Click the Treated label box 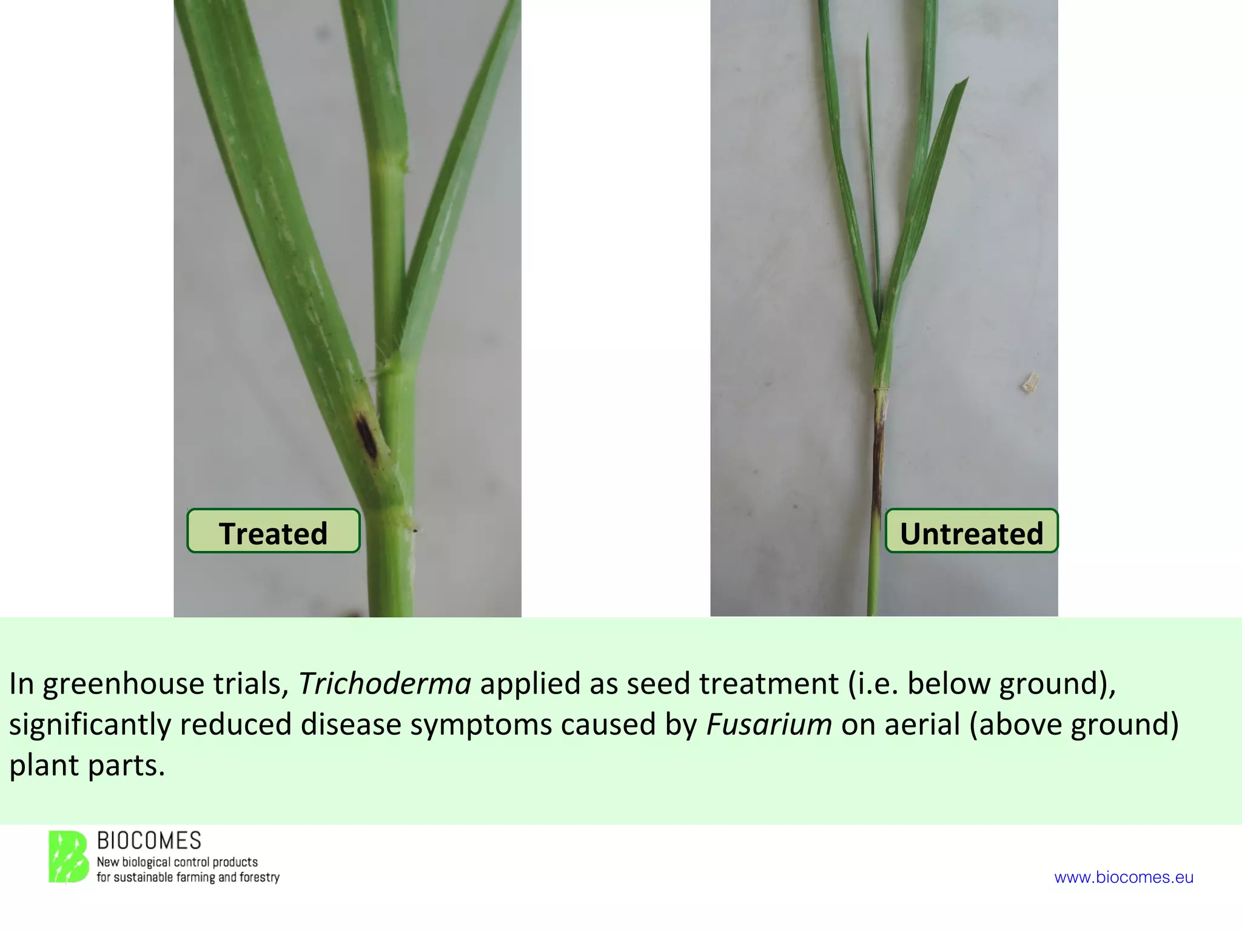click(x=273, y=531)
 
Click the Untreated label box click(x=972, y=531)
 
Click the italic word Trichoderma click(x=384, y=684)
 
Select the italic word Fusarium click(x=769, y=724)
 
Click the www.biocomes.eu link click(x=1124, y=877)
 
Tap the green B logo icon click(x=68, y=857)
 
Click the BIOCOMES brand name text click(x=149, y=841)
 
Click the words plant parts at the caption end click(x=87, y=765)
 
